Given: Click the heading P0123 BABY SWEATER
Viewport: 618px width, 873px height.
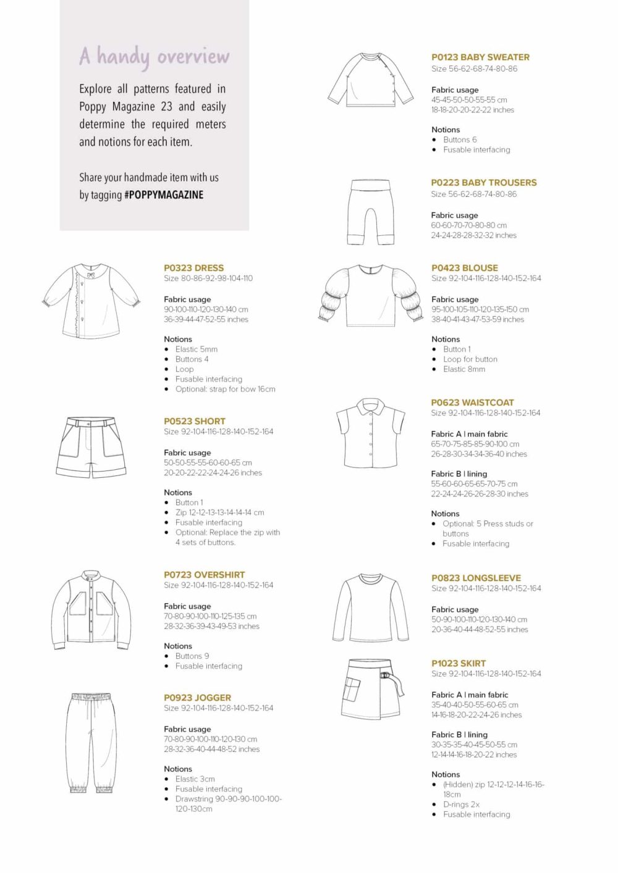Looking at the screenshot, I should tap(480, 57).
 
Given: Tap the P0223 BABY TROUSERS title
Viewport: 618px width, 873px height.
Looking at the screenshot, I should tap(484, 183).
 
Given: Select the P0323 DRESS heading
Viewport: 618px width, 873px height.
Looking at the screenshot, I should tap(193, 268).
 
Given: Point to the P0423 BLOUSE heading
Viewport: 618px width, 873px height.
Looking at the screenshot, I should tap(464, 268).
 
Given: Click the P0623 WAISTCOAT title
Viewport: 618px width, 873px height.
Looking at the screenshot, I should tap(472, 403).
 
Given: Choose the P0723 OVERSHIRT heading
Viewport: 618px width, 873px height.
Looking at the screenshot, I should tap(204, 575).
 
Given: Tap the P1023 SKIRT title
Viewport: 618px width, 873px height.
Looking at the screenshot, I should tap(459, 664).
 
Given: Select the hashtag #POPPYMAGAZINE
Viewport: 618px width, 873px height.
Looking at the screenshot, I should tap(164, 195).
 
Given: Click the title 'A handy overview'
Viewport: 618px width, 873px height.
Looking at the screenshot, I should tap(154, 57).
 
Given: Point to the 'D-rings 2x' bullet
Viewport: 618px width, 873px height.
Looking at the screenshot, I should tap(461, 804).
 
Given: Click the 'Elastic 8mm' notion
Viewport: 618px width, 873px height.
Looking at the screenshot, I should tap(463, 369).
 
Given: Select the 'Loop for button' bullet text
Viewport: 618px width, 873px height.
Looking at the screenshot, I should tap(470, 359).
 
